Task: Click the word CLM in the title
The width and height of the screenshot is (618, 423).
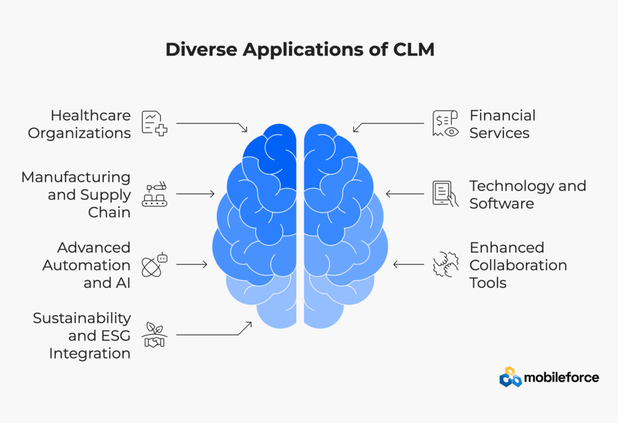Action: (x=414, y=49)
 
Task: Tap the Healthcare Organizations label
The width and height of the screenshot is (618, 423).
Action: (x=79, y=124)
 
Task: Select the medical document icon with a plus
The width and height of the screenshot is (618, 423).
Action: (x=154, y=124)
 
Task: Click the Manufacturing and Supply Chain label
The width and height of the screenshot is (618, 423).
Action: (x=76, y=195)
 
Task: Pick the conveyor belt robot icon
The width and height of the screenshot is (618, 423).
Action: (x=154, y=194)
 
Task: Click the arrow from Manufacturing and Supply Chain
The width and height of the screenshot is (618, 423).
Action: (x=196, y=193)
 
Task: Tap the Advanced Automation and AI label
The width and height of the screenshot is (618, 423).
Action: (x=86, y=265)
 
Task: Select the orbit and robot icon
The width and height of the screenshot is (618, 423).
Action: (x=154, y=265)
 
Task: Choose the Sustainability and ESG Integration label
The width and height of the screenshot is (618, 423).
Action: (x=81, y=335)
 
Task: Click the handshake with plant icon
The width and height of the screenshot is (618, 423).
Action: (x=154, y=335)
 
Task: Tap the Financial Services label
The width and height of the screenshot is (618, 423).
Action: (x=503, y=124)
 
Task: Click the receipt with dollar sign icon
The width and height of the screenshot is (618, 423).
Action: (x=445, y=124)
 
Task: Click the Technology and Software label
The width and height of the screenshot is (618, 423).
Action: (x=527, y=195)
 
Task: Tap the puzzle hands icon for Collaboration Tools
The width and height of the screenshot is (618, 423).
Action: (x=445, y=265)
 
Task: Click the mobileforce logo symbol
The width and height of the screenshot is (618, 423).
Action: (x=511, y=377)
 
